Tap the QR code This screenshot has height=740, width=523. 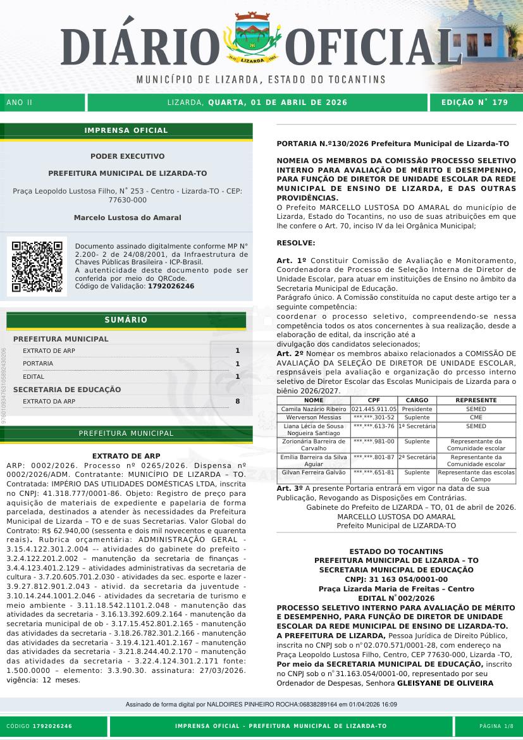tap(37, 266)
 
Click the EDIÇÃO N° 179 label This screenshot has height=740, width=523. tap(474, 102)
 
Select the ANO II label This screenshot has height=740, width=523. tap(19, 102)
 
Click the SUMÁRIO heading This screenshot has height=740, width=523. tap(126, 320)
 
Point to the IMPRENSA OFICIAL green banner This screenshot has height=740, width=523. tap(126, 130)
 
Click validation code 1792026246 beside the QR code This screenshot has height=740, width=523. tap(171, 287)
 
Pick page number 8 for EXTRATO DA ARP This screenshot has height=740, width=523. tap(237, 401)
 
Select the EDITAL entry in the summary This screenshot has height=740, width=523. tap(34, 376)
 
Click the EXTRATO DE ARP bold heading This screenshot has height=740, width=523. tap(126, 455)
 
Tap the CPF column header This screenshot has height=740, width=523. tap(373, 400)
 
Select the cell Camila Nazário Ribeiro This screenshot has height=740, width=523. tap(314, 409)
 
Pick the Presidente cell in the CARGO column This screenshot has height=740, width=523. tap(417, 409)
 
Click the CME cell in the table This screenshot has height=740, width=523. tap(476, 417)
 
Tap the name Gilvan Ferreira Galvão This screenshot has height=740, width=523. tap(314, 472)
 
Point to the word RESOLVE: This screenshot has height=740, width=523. tap(296, 243)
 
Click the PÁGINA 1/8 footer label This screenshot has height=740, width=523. tap(496, 726)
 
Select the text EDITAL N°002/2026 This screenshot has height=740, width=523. tap(396, 598)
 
